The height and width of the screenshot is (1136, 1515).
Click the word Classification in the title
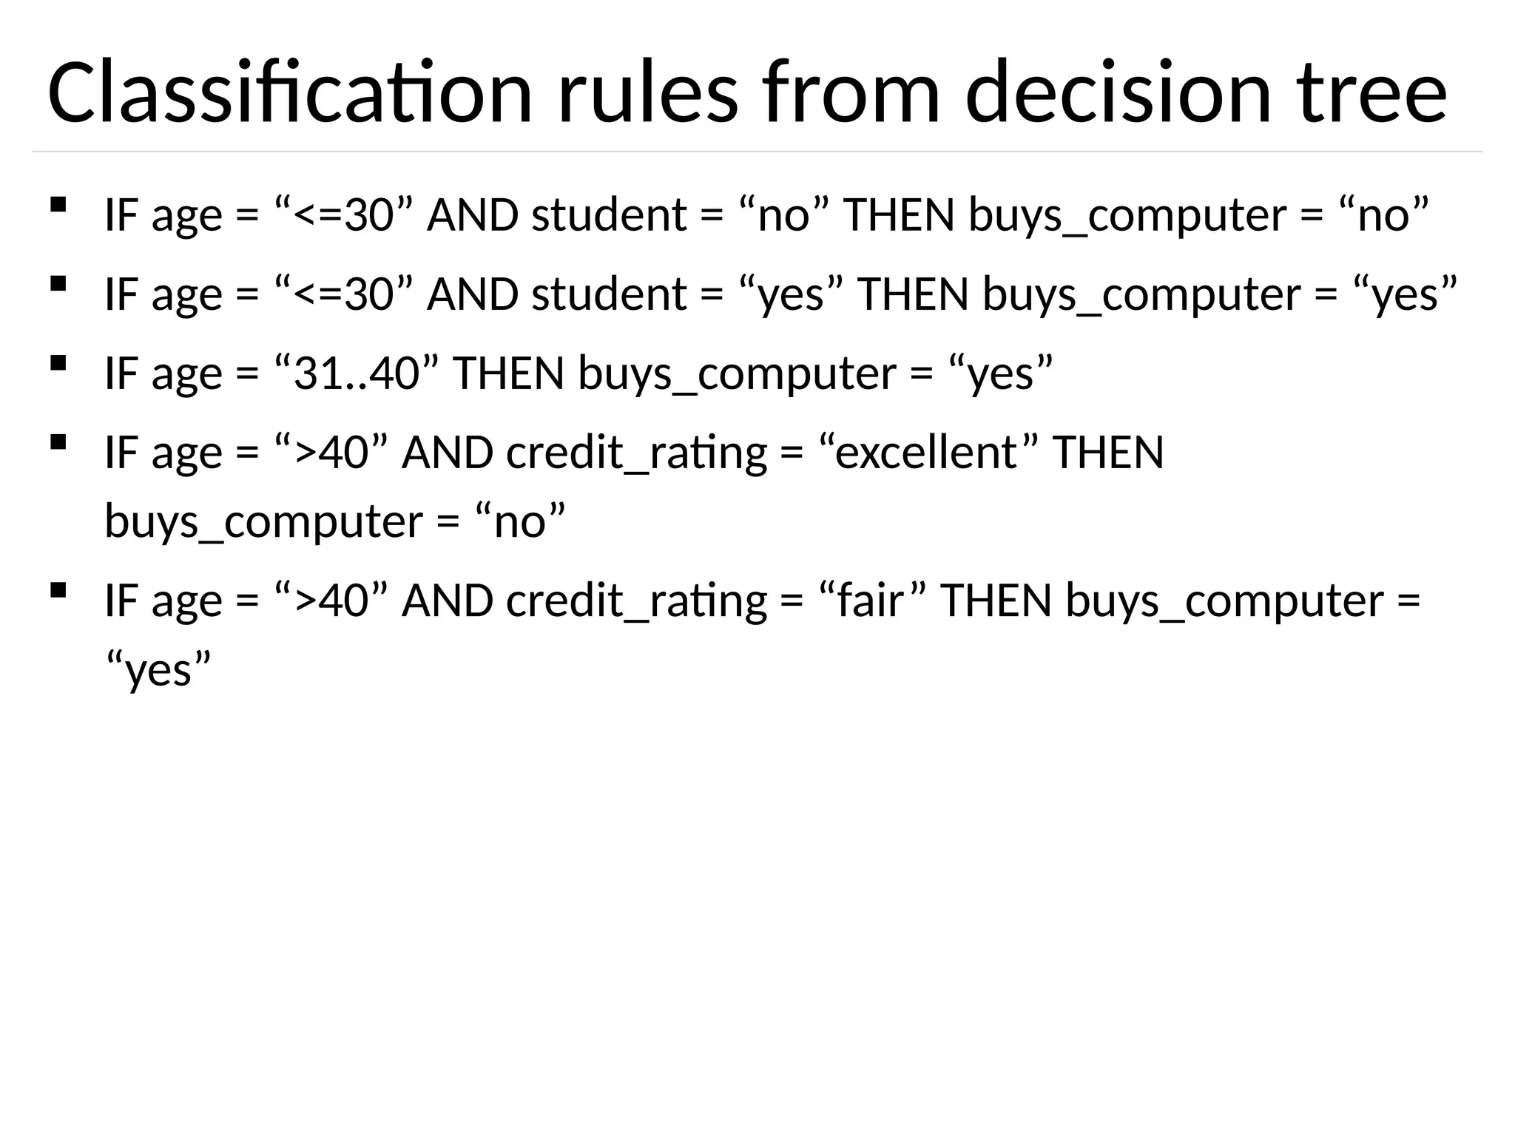point(289,93)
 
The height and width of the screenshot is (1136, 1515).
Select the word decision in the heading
point(1118,93)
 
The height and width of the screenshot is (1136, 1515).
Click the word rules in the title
point(648,93)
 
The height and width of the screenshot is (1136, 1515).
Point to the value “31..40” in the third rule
point(357,373)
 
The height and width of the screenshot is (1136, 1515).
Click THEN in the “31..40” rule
point(509,373)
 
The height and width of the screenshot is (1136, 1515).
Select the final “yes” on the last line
point(158,670)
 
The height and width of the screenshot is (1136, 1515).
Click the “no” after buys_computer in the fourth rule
point(519,521)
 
